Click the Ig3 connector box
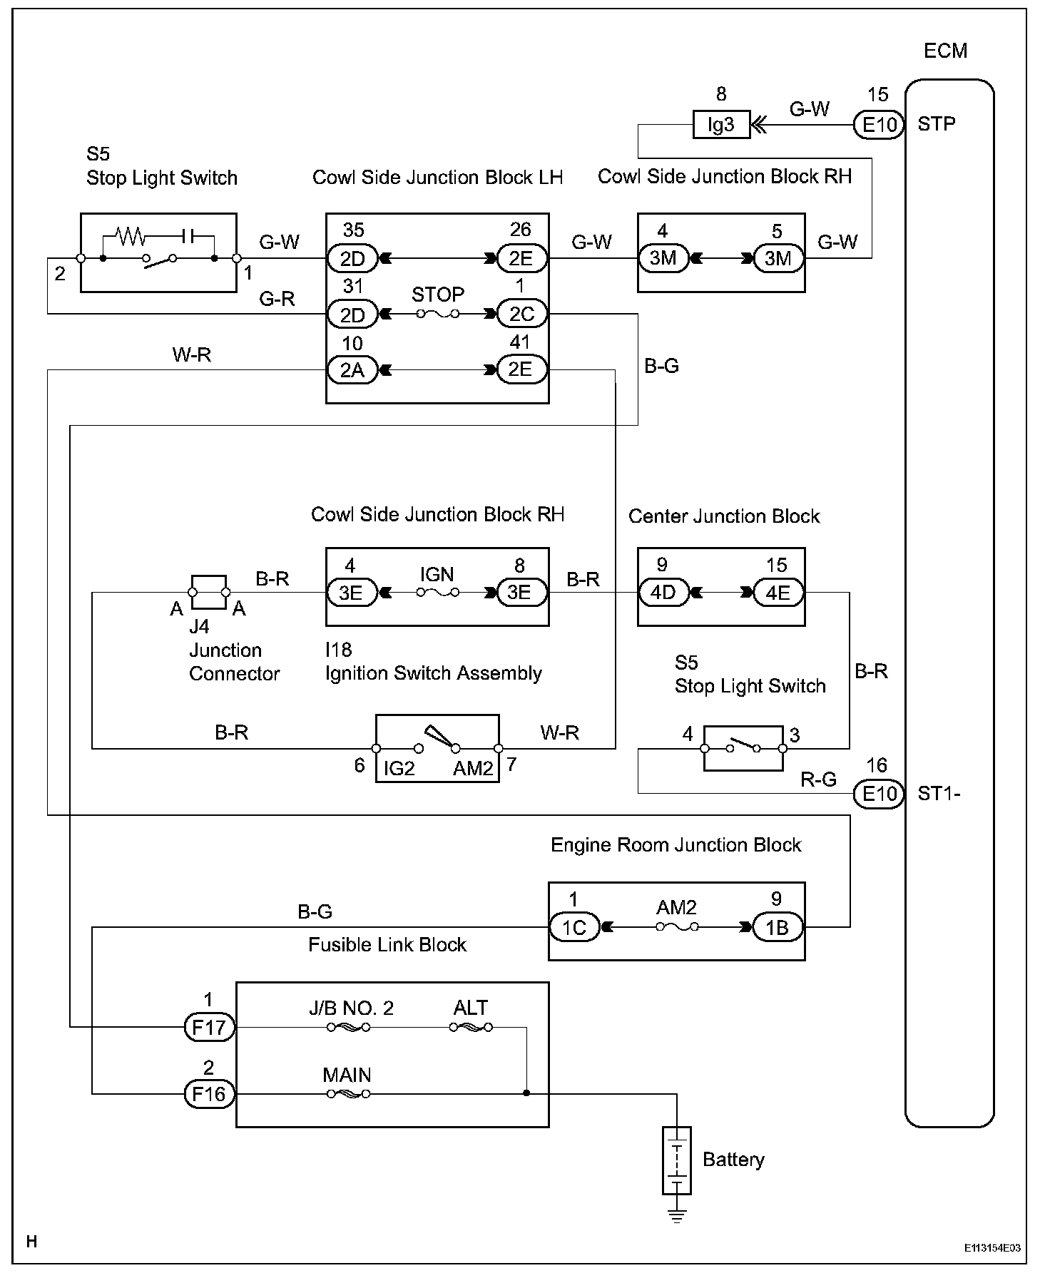click(x=720, y=125)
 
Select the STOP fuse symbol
click(x=438, y=314)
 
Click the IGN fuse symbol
click(x=438, y=592)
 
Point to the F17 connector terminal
click(x=209, y=1028)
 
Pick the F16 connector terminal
click(x=209, y=1094)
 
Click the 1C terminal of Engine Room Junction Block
click(x=574, y=927)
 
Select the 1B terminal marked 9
click(x=777, y=927)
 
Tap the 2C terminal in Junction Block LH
click(x=521, y=315)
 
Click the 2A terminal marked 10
click(x=352, y=370)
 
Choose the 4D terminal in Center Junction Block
click(x=663, y=593)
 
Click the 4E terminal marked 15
click(x=778, y=593)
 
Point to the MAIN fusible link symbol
click(x=348, y=1094)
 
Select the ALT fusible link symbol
click(x=471, y=1028)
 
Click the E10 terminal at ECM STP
click(x=879, y=125)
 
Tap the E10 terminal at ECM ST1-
click(x=879, y=794)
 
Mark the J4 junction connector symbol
click(x=209, y=592)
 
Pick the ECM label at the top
click(x=945, y=51)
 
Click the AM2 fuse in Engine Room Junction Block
click(x=677, y=927)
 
